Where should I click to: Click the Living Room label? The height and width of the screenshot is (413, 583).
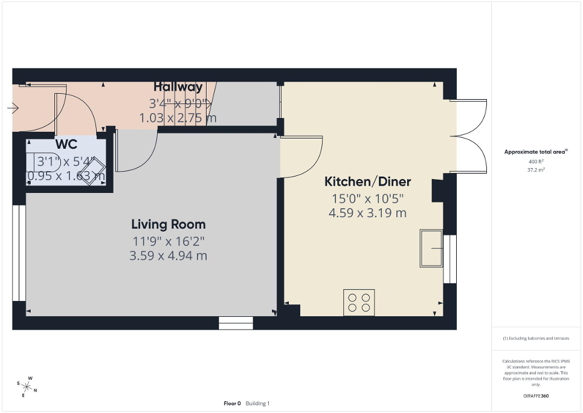[x=168, y=224]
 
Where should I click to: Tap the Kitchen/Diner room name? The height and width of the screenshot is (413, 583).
[x=367, y=181]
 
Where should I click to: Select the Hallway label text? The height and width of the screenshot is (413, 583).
[x=178, y=86]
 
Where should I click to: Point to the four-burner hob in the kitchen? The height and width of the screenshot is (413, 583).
[x=359, y=302]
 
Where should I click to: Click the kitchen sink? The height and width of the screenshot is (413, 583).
[x=431, y=248]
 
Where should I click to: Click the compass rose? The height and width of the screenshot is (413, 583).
[x=28, y=385]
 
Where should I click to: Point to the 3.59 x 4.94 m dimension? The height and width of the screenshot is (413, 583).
[x=168, y=256]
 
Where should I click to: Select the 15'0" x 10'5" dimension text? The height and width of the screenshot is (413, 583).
[x=367, y=198]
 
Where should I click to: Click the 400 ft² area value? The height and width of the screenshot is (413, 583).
[x=536, y=162]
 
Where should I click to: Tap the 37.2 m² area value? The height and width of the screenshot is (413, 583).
[x=536, y=170]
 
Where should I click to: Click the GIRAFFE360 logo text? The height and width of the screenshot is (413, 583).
[x=536, y=396]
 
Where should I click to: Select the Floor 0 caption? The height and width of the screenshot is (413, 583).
[x=233, y=403]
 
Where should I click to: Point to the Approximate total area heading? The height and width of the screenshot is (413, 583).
[x=536, y=152]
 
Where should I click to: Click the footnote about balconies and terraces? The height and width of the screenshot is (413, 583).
[x=536, y=338]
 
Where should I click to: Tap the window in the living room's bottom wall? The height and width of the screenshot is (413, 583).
[x=236, y=324]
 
